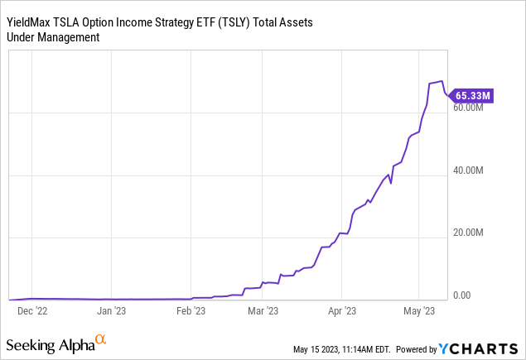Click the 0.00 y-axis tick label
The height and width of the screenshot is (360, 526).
click(463, 295)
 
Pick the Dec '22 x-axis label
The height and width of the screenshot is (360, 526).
click(32, 312)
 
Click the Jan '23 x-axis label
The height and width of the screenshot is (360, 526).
click(112, 312)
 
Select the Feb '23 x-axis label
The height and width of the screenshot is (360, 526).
click(191, 312)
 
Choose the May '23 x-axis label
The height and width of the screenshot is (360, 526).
click(419, 312)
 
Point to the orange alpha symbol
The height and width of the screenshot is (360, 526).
click(101, 339)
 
